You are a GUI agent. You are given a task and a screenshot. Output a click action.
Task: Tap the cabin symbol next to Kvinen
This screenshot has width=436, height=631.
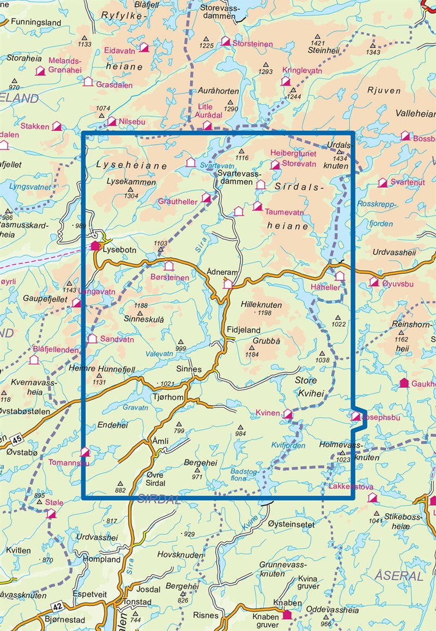(288, 414)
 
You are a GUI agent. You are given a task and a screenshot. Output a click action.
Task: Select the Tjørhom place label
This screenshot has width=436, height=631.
(168, 397)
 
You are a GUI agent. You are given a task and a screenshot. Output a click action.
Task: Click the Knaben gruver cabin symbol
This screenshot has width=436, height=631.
(287, 615)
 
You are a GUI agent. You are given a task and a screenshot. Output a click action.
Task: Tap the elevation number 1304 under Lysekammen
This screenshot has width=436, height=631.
(131, 195)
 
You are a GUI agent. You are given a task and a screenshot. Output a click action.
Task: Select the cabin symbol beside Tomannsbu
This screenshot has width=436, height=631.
(85, 452)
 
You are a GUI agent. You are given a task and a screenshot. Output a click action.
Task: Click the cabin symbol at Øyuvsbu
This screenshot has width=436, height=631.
(374, 282)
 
